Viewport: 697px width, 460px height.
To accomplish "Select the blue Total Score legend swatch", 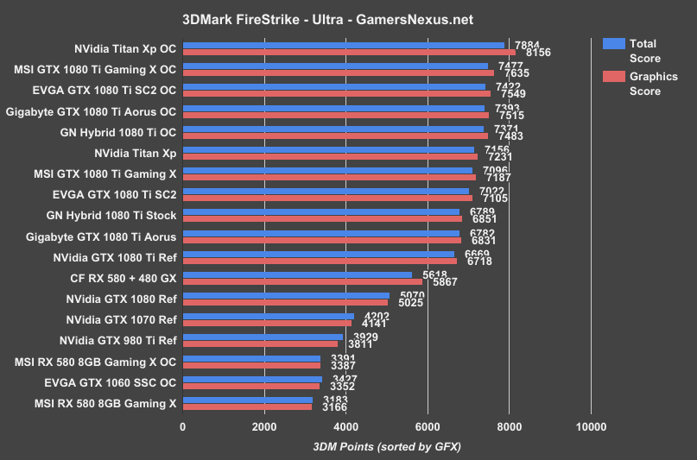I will pyautogui.click(x=613, y=44).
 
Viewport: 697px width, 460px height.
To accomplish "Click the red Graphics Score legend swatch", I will pyautogui.click(x=613, y=77).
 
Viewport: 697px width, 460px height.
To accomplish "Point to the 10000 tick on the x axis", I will pyautogui.click(x=591, y=426).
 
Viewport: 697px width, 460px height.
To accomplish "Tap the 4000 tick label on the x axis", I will pyautogui.click(x=346, y=426).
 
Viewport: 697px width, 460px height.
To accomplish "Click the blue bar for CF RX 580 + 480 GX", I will pyautogui.click(x=297, y=275).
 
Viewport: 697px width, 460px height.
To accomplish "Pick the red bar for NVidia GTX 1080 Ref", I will pyautogui.click(x=285, y=302).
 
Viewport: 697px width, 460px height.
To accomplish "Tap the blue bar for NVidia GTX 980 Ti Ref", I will pyautogui.click(x=263, y=337).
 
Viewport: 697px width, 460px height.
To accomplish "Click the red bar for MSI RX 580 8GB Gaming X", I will pyautogui.click(x=247, y=406).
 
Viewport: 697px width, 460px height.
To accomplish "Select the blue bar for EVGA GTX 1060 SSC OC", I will pyautogui.click(x=252, y=379).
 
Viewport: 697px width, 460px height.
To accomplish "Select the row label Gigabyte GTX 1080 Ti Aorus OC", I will pyautogui.click(x=91, y=112).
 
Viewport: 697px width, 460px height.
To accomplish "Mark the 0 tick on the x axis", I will pyautogui.click(x=183, y=426).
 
